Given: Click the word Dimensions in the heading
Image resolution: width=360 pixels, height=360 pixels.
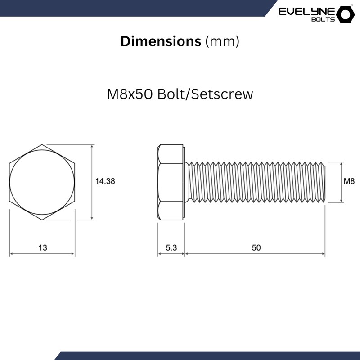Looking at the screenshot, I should [161, 41].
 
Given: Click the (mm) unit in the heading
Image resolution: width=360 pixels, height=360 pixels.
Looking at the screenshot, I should [222, 41].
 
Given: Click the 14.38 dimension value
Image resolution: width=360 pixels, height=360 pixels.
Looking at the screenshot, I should [105, 181].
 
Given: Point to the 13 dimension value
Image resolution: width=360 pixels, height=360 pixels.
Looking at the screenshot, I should [43, 247].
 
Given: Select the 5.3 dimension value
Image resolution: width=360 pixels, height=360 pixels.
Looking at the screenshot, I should [171, 247].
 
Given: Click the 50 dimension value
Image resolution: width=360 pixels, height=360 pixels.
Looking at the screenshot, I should [256, 247].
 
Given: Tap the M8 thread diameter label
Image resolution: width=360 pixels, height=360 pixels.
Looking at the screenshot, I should [349, 181].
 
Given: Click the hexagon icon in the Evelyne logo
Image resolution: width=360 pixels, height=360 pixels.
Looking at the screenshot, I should [346, 14].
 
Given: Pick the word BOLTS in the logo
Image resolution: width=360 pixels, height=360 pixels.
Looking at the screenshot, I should [324, 19].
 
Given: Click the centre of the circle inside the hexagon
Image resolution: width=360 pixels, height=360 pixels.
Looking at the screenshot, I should [42, 182].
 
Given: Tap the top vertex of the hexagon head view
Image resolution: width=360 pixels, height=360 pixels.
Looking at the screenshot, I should [42, 144].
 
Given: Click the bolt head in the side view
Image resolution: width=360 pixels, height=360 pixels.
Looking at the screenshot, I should [171, 182].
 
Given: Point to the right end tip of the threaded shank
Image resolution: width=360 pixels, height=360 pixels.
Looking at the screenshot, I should [324, 182].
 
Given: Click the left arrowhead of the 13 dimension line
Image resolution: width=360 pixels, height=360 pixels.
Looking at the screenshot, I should [11, 254].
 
